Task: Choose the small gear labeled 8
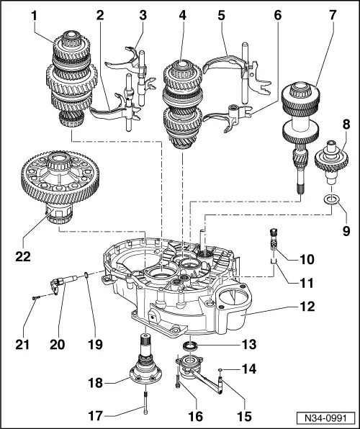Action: [330, 159]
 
